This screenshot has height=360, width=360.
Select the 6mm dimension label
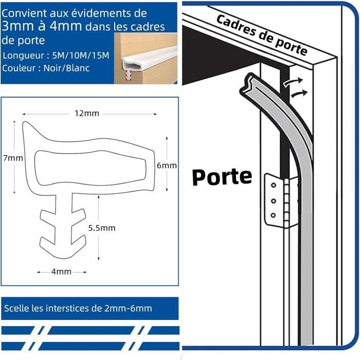(167, 165)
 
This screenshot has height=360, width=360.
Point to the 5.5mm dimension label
(101, 227)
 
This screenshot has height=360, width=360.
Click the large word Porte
(222, 176)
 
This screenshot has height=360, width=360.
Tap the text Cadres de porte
(262, 35)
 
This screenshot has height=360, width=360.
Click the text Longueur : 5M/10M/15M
(56, 55)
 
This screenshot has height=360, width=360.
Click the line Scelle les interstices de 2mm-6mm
(78, 308)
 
